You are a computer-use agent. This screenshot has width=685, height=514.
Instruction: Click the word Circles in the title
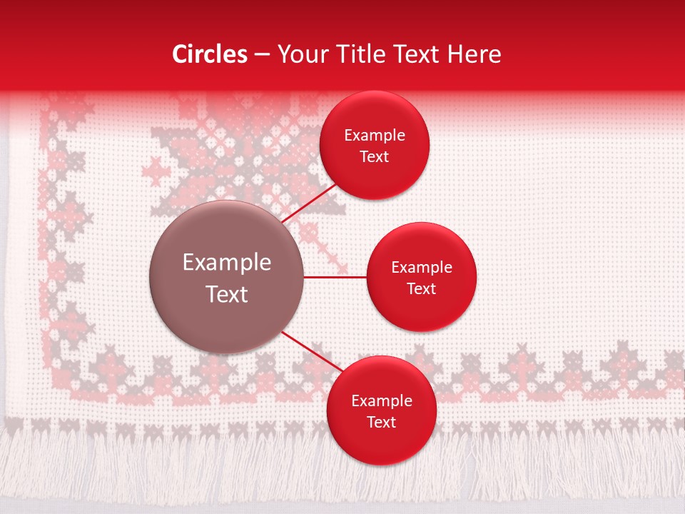pyautogui.click(x=209, y=54)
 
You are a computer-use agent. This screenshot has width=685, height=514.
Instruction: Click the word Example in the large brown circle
pyautogui.click(x=227, y=263)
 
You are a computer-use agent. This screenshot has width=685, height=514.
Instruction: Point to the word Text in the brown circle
pyautogui.click(x=227, y=294)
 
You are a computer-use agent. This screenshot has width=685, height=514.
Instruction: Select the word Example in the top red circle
pyautogui.click(x=374, y=136)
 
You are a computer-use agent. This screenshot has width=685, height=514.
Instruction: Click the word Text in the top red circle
pyautogui.click(x=374, y=157)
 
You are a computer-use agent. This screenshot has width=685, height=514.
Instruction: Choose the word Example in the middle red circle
pyautogui.click(x=421, y=268)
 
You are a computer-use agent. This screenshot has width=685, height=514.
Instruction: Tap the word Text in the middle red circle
pyautogui.click(x=421, y=289)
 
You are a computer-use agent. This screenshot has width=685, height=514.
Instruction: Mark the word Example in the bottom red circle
pyautogui.click(x=381, y=401)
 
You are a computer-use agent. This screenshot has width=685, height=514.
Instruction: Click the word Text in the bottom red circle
pyautogui.click(x=381, y=423)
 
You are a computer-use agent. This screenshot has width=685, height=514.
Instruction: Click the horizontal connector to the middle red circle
pyautogui.click(x=335, y=277)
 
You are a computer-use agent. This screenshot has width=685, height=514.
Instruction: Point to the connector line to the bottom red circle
pyautogui.click(x=311, y=351)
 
